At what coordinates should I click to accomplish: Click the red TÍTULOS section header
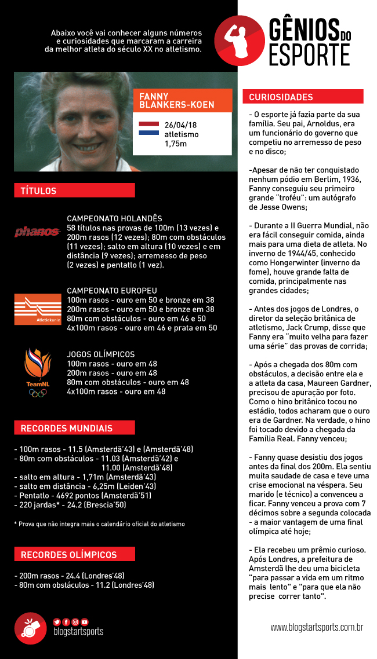(x=74, y=191)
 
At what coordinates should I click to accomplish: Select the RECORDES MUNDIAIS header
(x=74, y=429)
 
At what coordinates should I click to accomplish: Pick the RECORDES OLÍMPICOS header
(x=74, y=554)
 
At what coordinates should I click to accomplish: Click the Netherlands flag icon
(x=149, y=129)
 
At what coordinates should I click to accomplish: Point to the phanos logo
(x=38, y=232)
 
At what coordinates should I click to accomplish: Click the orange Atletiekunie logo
(x=38, y=309)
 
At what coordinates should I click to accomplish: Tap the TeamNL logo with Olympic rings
(x=38, y=373)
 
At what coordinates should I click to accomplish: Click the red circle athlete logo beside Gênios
(x=239, y=41)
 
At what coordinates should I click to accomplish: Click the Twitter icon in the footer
(x=57, y=621)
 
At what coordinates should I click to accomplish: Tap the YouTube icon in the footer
(x=85, y=621)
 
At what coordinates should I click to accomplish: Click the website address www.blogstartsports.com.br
(x=317, y=627)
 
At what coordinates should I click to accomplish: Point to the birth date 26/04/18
(x=180, y=125)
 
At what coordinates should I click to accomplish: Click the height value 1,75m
(x=176, y=144)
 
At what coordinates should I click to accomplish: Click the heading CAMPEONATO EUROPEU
(x=112, y=291)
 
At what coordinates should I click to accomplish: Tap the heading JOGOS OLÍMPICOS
(x=101, y=354)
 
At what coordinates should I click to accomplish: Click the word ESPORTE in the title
(x=309, y=54)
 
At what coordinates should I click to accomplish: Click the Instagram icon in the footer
(x=75, y=621)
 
